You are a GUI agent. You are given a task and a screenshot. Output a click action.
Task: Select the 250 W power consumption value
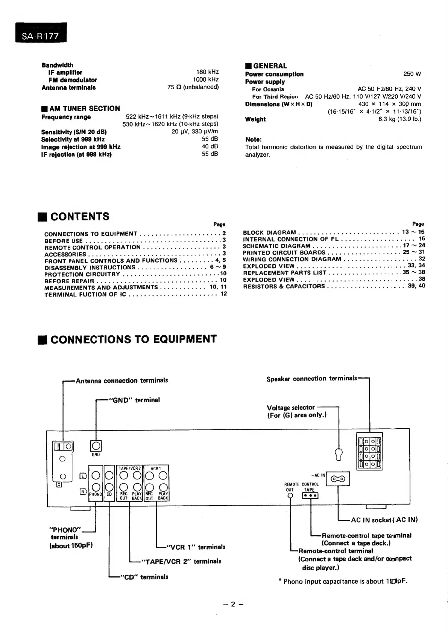tap(412, 74)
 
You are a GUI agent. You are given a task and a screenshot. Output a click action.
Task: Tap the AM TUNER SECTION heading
tap(84, 108)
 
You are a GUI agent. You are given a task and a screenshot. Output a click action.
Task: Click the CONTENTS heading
tap(79, 217)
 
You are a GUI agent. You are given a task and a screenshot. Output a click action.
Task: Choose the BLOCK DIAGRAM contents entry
tap(269, 232)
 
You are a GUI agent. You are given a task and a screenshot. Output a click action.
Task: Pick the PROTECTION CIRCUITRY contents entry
tap(82, 274)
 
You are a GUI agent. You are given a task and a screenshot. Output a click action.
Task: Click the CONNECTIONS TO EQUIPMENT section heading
tap(133, 339)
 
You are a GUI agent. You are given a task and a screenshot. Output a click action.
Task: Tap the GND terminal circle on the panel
tap(96, 446)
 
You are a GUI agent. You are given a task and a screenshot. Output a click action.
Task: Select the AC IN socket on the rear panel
tap(338, 479)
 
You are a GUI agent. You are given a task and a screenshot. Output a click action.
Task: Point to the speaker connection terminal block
tap(369, 451)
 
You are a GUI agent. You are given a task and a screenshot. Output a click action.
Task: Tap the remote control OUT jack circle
tap(290, 496)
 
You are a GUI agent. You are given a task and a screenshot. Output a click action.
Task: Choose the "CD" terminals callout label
tap(144, 577)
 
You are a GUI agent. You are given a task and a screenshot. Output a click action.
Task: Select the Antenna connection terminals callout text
tap(121, 381)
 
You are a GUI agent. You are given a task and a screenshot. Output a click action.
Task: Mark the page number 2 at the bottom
tap(233, 604)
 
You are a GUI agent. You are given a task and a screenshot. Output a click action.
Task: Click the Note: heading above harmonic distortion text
tap(253, 139)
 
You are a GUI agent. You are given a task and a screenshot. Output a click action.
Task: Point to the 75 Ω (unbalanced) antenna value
tap(193, 87)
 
